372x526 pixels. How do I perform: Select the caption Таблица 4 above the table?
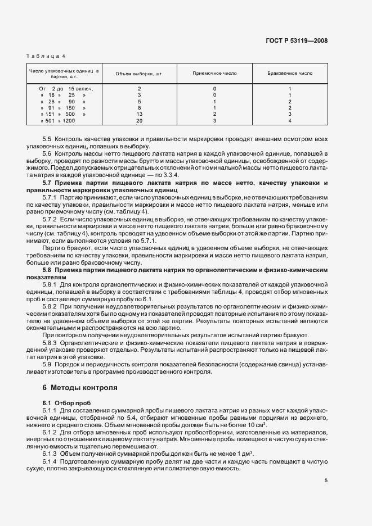point(47,56)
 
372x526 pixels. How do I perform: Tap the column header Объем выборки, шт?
point(139,74)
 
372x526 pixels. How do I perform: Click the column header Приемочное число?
point(214,74)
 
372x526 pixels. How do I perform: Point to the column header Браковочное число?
point(290,74)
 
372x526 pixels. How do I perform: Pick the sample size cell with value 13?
point(139,114)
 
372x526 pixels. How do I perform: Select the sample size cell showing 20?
point(139,120)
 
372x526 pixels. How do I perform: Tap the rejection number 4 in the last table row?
point(290,120)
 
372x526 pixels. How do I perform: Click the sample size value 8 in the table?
point(139,107)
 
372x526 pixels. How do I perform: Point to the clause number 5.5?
point(47,139)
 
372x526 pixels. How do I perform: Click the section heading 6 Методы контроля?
point(79,388)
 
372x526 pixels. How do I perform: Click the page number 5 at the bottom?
point(326,480)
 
